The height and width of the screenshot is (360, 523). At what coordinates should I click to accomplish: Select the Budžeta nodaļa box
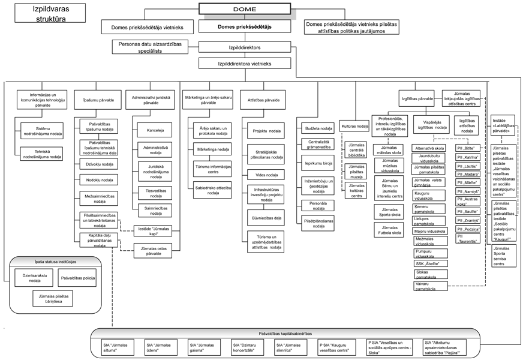pyautogui.click(x=318, y=128)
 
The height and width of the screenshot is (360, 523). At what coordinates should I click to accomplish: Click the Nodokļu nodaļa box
pyautogui.click(x=99, y=179)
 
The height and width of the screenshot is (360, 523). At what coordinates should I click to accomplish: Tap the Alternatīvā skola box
pyautogui.click(x=430, y=148)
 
